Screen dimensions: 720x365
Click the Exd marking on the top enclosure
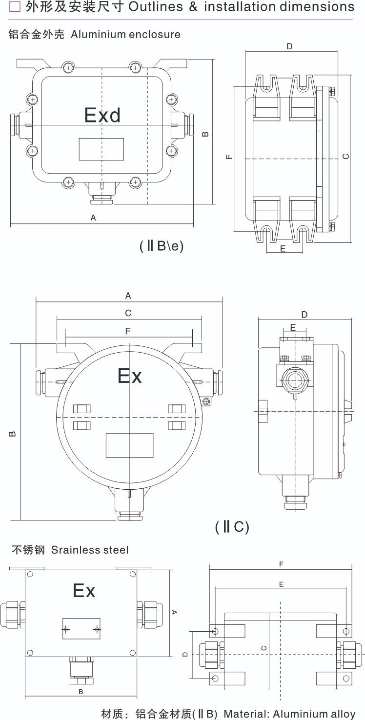click(x=102, y=115)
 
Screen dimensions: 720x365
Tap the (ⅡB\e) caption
click(x=162, y=246)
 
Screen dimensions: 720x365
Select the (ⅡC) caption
click(x=232, y=527)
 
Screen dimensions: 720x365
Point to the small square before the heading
click(x=15, y=7)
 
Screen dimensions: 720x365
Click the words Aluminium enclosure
click(x=125, y=35)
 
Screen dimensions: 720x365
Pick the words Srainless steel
click(x=90, y=550)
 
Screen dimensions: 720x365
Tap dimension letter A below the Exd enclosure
click(x=93, y=218)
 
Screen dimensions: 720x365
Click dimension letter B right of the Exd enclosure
click(x=205, y=133)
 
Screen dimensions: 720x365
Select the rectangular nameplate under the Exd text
click(x=101, y=149)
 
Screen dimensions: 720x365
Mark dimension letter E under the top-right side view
click(x=283, y=248)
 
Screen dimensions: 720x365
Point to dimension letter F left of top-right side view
click(x=229, y=157)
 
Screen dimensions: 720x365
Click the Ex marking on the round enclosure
click(x=129, y=376)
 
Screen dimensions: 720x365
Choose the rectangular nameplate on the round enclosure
click(x=129, y=445)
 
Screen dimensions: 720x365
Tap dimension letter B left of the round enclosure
click(x=13, y=433)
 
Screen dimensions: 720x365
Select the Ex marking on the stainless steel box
click(x=83, y=591)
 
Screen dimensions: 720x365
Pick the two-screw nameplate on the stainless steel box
click(x=81, y=628)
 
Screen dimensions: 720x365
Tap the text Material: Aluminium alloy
click(x=289, y=714)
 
